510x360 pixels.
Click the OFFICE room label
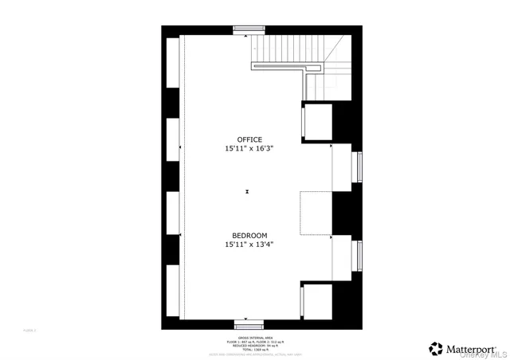(x=249, y=140)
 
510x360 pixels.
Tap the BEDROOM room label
(x=249, y=236)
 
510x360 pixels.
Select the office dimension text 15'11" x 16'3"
(x=249, y=149)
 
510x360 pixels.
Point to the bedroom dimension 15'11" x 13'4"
(x=249, y=245)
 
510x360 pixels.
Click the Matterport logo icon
(x=437, y=348)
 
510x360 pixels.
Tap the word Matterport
(x=472, y=348)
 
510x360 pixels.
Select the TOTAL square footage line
(x=249, y=350)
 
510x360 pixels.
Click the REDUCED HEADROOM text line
(x=249, y=346)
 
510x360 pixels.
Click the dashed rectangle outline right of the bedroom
(x=316, y=213)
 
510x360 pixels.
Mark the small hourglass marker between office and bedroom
(x=249, y=191)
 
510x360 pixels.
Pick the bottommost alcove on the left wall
(x=173, y=292)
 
